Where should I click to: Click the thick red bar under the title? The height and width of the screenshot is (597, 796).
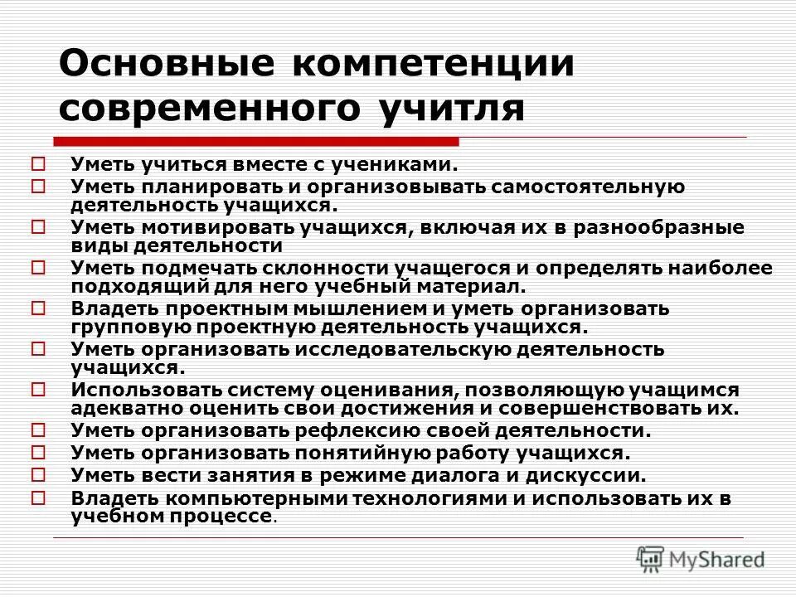coord(256,141)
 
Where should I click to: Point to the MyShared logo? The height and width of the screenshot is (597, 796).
coord(701,558)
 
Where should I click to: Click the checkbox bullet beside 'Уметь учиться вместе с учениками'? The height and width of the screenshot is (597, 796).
coord(38,164)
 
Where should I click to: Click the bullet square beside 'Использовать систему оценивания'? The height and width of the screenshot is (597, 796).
coord(38,388)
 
